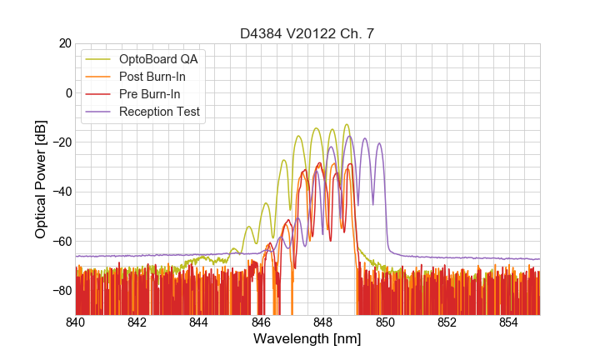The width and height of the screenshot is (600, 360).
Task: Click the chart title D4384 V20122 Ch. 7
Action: coord(307,33)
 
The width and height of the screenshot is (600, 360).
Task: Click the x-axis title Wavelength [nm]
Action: coord(307,340)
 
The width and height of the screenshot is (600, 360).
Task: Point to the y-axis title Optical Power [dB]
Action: coord(41,179)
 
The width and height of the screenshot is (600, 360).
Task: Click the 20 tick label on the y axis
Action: coord(64,43)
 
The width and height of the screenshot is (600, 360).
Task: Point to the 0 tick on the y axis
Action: coord(67,92)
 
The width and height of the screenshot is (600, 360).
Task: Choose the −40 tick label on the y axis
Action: coord(61,192)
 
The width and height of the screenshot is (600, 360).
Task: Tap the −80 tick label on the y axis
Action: coord(61,290)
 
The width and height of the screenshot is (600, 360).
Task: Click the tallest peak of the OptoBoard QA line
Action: coord(347,125)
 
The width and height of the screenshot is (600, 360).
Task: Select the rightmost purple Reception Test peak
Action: coord(379,143)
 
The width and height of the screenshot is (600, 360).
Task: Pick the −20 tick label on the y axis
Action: coord(61,142)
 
